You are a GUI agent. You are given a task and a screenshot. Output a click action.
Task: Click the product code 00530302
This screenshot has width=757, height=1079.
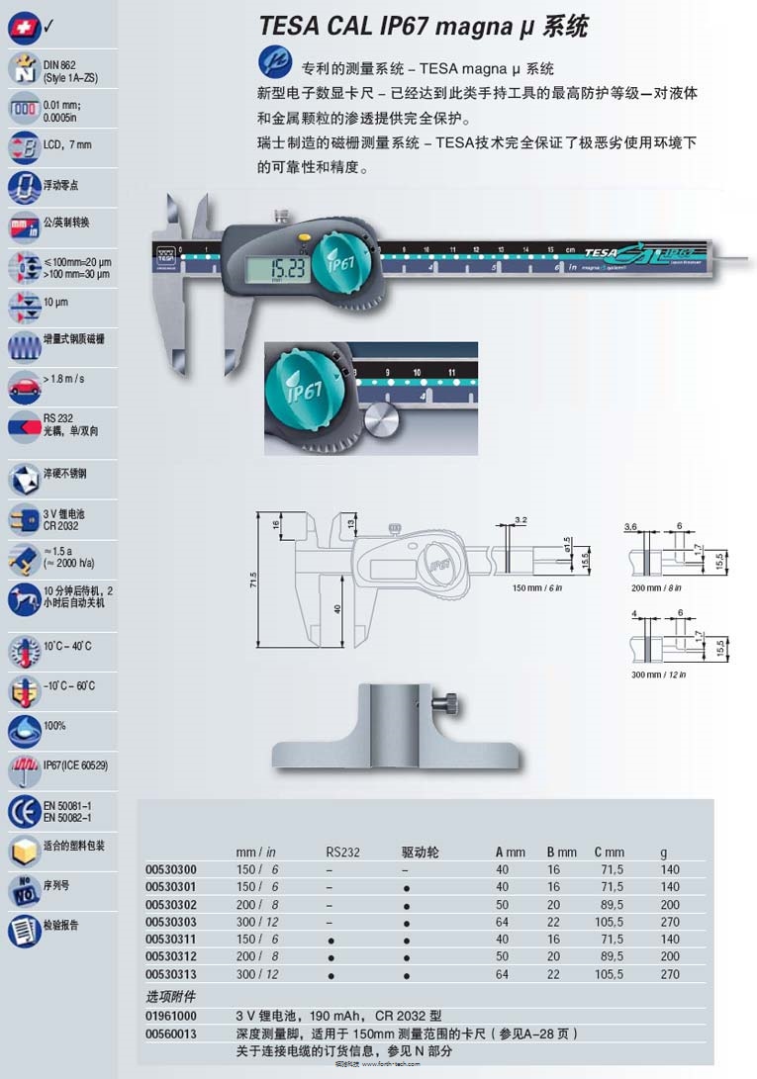pyautogui.click(x=171, y=904)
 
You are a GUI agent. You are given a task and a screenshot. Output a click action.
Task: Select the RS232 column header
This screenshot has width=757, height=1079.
pyautogui.click(x=343, y=852)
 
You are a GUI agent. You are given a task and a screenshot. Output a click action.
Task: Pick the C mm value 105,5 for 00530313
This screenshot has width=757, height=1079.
pyautogui.click(x=610, y=974)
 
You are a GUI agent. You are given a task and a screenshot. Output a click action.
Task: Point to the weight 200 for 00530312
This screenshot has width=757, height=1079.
pyautogui.click(x=670, y=956)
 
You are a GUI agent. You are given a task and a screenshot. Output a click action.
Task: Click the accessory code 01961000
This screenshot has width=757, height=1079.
pyautogui.click(x=171, y=1015)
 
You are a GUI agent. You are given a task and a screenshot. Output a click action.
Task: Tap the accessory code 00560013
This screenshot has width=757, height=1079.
pyautogui.click(x=171, y=1033)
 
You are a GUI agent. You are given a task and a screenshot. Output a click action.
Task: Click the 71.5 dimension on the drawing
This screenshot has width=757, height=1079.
pyautogui.click(x=253, y=577)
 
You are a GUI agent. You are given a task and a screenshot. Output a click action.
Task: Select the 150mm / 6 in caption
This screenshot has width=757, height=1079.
pyautogui.click(x=536, y=587)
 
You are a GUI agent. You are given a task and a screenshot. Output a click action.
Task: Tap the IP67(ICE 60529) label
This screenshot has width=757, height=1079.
pyautogui.click(x=76, y=765)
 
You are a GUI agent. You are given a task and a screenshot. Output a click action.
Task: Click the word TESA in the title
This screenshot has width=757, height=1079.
pyautogui.click(x=289, y=27)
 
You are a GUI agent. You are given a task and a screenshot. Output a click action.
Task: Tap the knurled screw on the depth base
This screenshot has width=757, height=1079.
pyautogui.click(x=450, y=705)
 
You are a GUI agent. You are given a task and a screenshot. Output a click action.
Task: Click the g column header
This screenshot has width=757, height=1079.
pyautogui.click(x=664, y=852)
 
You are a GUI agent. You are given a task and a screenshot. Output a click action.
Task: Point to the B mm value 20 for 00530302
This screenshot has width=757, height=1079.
pyautogui.click(x=553, y=904)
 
